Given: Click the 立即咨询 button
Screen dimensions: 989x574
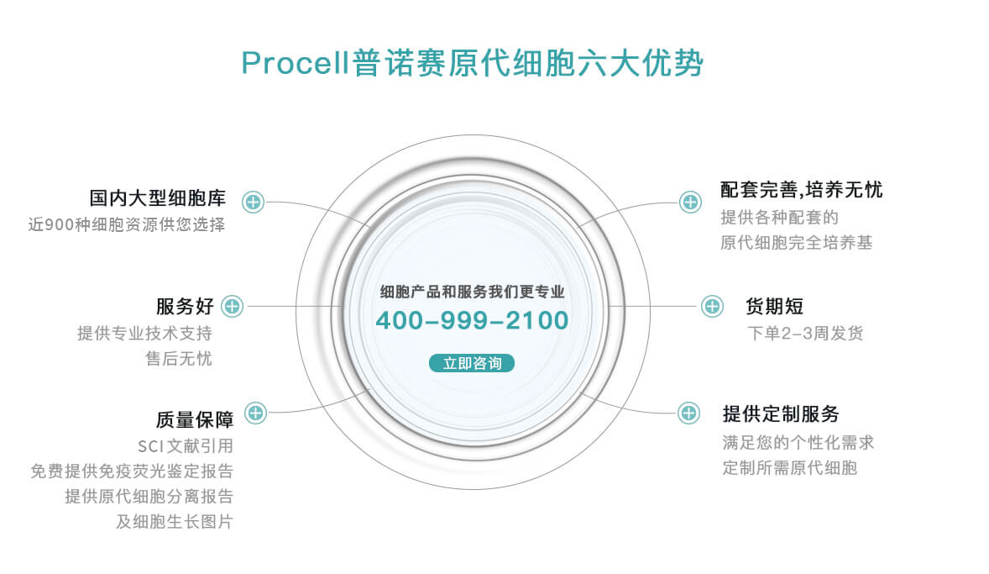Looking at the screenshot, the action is [x=472, y=363].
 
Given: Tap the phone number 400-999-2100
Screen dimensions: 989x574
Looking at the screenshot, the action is [x=472, y=321].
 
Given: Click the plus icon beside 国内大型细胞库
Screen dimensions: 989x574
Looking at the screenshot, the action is [x=253, y=202].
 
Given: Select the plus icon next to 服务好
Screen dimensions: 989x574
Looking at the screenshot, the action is [x=232, y=306].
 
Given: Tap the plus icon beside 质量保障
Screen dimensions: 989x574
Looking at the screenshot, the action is [x=255, y=413].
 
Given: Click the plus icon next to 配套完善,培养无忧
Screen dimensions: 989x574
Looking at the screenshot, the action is [x=691, y=202].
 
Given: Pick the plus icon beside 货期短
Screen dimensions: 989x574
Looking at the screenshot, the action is [x=712, y=306].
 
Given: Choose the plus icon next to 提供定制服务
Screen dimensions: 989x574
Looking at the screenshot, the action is [x=688, y=413].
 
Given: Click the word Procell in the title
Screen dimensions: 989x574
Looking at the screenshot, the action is [x=296, y=63].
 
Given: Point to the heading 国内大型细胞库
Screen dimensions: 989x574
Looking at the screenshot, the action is [x=158, y=198].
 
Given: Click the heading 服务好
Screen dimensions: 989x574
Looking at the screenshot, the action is [x=186, y=306].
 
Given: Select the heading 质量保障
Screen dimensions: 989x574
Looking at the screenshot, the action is [x=195, y=419].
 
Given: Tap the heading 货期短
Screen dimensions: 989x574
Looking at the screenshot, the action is [x=775, y=306].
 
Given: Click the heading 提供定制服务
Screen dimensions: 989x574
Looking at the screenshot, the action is [x=781, y=414].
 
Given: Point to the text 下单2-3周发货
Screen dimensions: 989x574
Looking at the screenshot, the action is [x=805, y=334].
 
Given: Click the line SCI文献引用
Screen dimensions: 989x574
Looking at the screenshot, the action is [x=186, y=446].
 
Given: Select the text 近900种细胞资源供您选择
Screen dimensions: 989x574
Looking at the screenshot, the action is [x=127, y=224].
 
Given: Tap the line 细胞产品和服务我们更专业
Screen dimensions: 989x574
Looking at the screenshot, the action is [x=472, y=292].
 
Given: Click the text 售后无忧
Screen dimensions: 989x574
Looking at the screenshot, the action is [x=179, y=359].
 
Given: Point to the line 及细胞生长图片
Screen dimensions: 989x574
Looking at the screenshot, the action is [x=175, y=522].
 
